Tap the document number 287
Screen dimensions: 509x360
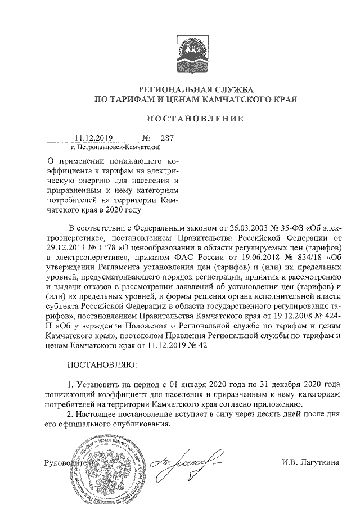tap(167, 138)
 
